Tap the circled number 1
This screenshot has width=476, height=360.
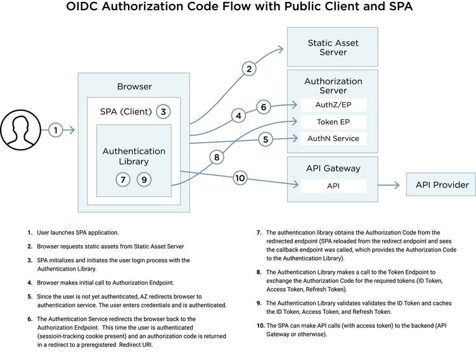[56, 130]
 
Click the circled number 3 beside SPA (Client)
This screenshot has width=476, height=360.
[164, 112]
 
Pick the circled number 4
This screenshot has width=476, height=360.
[238, 116]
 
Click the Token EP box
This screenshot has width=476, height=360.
[333, 122]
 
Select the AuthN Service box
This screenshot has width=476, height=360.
[333, 138]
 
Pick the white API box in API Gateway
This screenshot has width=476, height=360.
[333, 186]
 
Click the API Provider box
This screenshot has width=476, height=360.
[442, 185]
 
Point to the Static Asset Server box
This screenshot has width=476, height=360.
[333, 48]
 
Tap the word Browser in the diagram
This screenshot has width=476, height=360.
[134, 86]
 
